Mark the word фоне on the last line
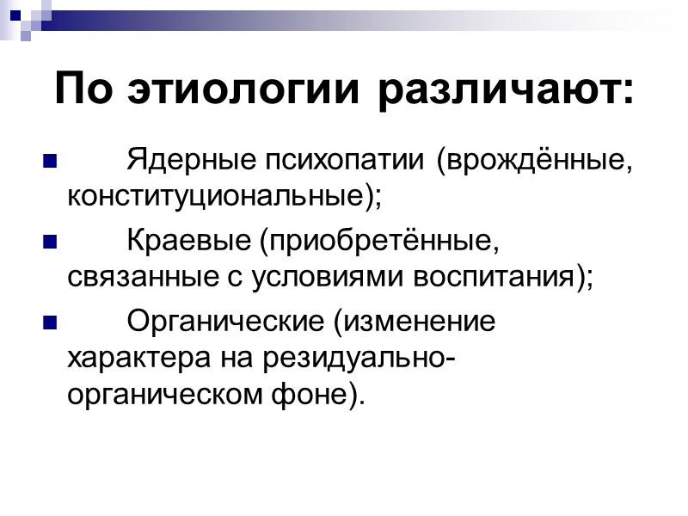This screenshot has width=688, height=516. [x=323, y=396]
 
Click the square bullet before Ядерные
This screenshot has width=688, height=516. [x=48, y=161]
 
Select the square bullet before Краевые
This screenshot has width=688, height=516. [x=48, y=243]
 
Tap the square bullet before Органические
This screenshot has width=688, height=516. [x=48, y=325]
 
